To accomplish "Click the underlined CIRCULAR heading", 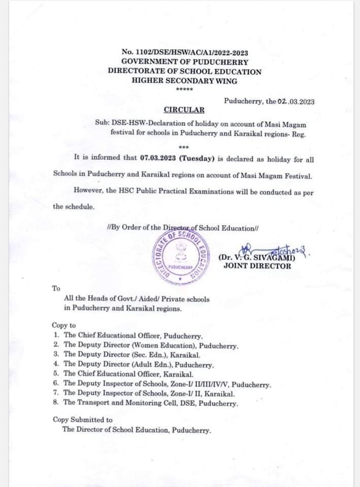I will (x=184, y=110).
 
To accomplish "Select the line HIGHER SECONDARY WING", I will (x=184, y=81).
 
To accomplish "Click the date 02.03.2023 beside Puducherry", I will (x=296, y=101).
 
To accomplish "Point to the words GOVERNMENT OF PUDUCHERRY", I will (x=184, y=62).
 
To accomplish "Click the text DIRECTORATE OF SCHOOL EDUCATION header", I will (x=184, y=72).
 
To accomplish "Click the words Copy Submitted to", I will (x=82, y=420).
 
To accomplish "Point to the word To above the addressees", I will (x=56, y=288).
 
